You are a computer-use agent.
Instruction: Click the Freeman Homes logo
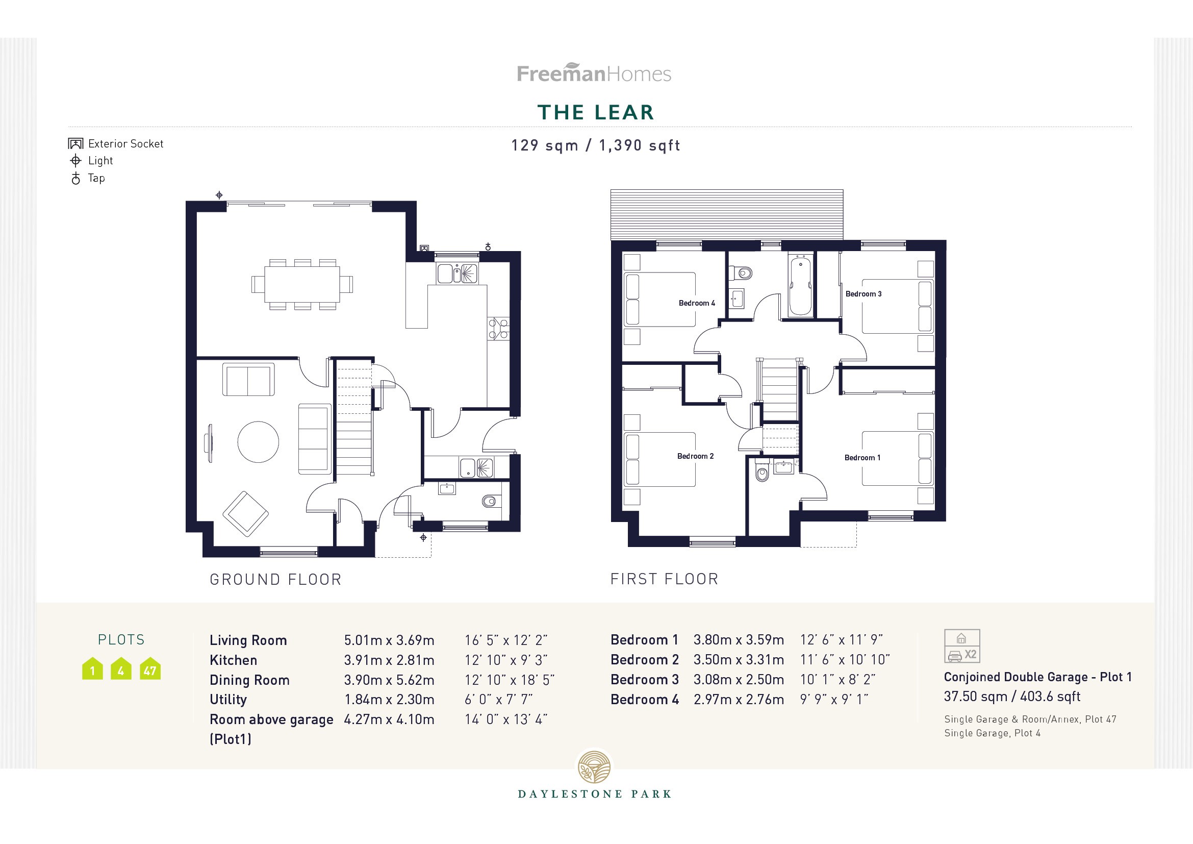594,73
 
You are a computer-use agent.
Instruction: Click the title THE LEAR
595,113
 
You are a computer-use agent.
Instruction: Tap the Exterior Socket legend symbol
75,144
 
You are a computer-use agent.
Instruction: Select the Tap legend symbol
76,179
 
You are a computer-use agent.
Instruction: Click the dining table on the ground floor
302,284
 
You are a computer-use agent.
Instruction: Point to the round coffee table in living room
258,442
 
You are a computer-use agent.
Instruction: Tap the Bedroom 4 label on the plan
696,303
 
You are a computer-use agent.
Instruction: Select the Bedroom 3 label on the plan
863,294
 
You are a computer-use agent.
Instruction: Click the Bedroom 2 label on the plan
695,456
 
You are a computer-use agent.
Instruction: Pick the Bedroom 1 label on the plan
862,458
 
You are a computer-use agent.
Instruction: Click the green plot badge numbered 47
150,670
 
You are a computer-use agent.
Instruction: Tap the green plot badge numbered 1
92,670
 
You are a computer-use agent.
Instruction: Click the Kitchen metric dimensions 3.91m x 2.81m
389,660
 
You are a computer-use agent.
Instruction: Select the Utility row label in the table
228,700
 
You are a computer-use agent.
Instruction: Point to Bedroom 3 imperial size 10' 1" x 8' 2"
837,679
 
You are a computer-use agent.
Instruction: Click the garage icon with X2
962,646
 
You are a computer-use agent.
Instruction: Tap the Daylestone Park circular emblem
595,766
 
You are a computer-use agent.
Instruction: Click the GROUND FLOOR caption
275,580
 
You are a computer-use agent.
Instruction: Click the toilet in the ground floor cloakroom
489,501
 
